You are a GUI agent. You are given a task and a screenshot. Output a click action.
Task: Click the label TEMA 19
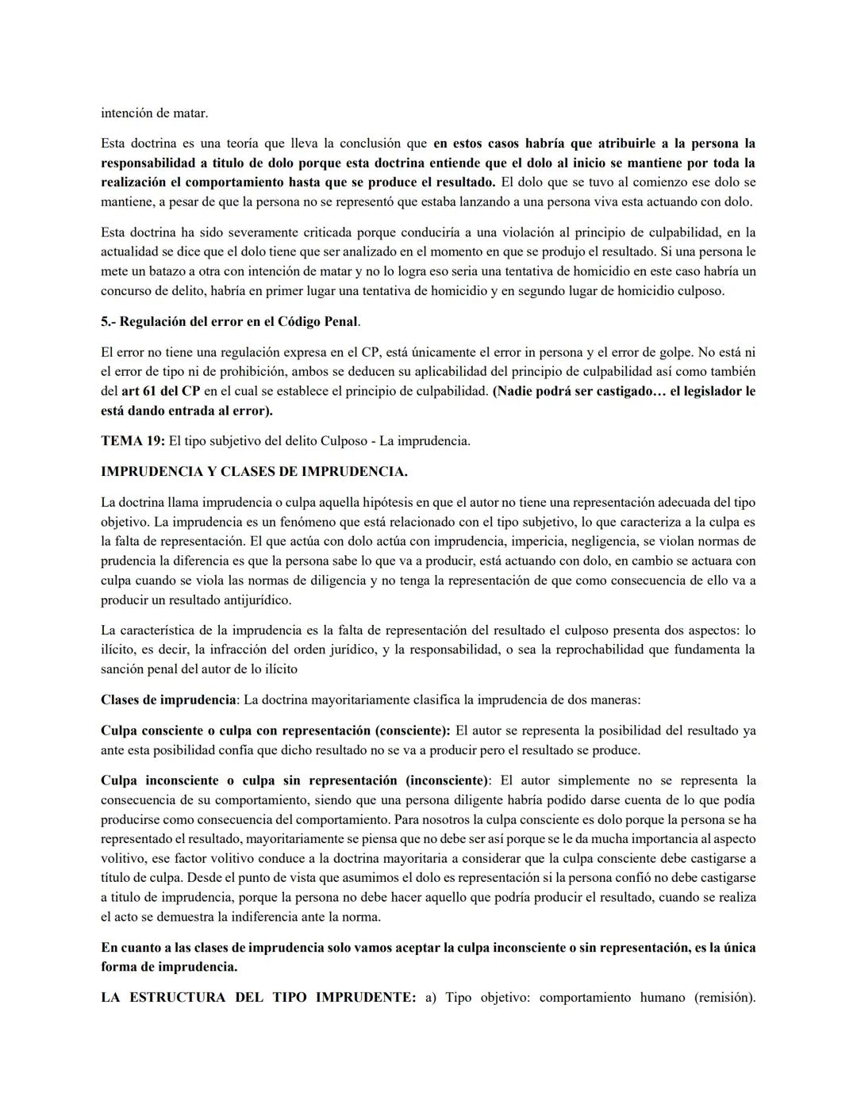pos(133,441)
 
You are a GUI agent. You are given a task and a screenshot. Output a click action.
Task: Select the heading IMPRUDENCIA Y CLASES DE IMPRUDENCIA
pos(254,472)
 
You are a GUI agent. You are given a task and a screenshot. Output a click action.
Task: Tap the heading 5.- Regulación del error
pos(230,322)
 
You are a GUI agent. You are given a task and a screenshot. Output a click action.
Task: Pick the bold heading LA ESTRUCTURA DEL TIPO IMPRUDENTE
pos(258,998)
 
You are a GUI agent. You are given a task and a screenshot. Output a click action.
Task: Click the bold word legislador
pos(712,391)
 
